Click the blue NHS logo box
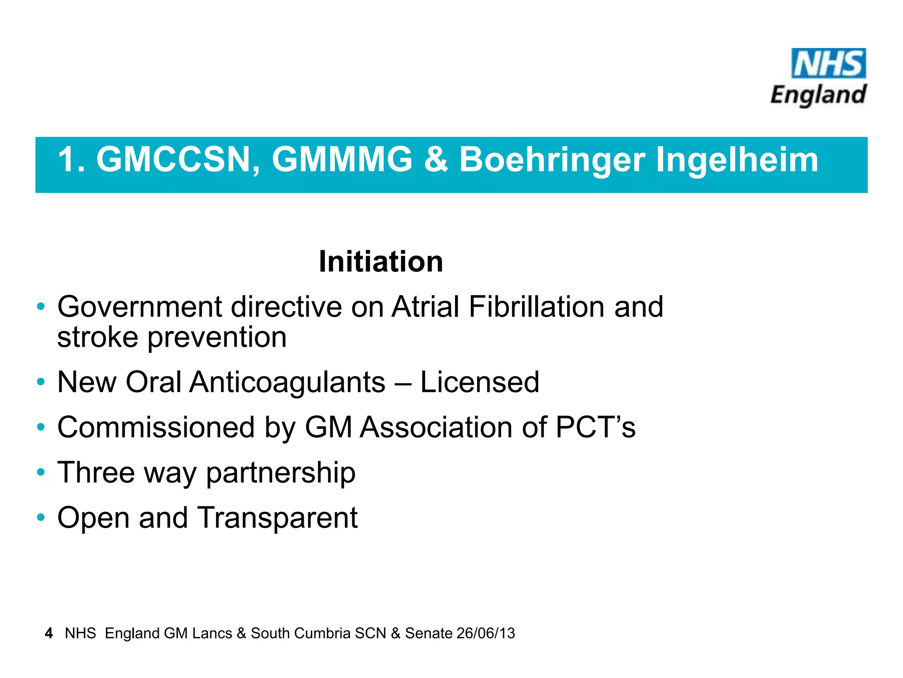click(x=828, y=63)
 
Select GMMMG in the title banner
click(x=342, y=159)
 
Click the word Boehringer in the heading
click(x=552, y=160)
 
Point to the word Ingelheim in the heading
click(x=737, y=160)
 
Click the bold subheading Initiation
click(x=381, y=262)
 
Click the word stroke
click(x=97, y=338)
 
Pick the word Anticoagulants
click(x=287, y=382)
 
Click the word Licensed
click(x=480, y=382)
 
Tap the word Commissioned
click(x=156, y=428)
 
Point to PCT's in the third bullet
click(x=596, y=427)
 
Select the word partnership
click(x=281, y=473)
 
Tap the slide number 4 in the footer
click(x=49, y=633)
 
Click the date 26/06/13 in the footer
click(x=486, y=633)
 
